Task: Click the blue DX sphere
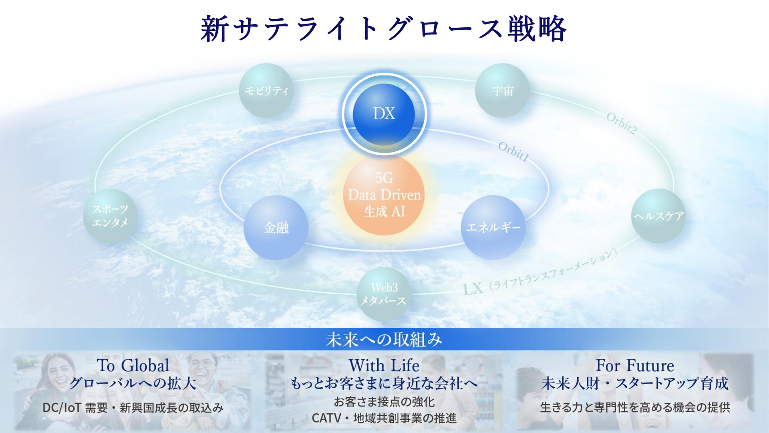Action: pos(384,114)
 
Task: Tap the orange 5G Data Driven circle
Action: pos(384,195)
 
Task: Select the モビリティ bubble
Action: pos(266,91)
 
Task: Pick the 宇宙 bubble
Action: pos(502,91)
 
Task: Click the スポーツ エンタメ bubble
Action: pos(110,216)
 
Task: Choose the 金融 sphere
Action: pos(276,228)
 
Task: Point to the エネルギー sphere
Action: pos(493,228)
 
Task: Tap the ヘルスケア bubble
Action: pos(658,216)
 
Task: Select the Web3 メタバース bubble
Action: pos(384,294)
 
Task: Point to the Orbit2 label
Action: pos(622,123)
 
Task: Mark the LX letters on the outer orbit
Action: pos(473,288)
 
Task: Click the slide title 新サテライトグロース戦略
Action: pos(384,29)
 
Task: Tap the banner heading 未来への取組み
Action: pos(384,340)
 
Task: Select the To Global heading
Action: pos(133,366)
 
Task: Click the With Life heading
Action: pos(384,366)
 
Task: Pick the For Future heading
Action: pos(635,366)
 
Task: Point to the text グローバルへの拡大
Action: pos(133,384)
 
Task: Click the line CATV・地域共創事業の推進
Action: pos(384,418)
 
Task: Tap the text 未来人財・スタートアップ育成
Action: pos(635,384)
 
